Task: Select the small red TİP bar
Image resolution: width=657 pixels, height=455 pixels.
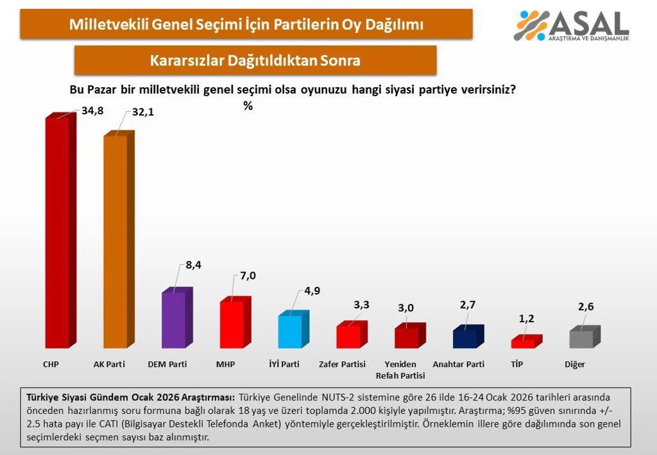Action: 523,343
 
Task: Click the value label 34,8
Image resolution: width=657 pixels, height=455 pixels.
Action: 92,110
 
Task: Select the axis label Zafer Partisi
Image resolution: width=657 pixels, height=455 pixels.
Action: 342,365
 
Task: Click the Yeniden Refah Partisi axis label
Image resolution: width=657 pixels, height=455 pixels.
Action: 400,370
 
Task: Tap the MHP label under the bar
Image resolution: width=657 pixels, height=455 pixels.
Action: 225,365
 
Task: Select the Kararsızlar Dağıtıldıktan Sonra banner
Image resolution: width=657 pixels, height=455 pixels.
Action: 255,60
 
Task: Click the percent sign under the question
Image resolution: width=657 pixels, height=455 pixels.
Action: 248,107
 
